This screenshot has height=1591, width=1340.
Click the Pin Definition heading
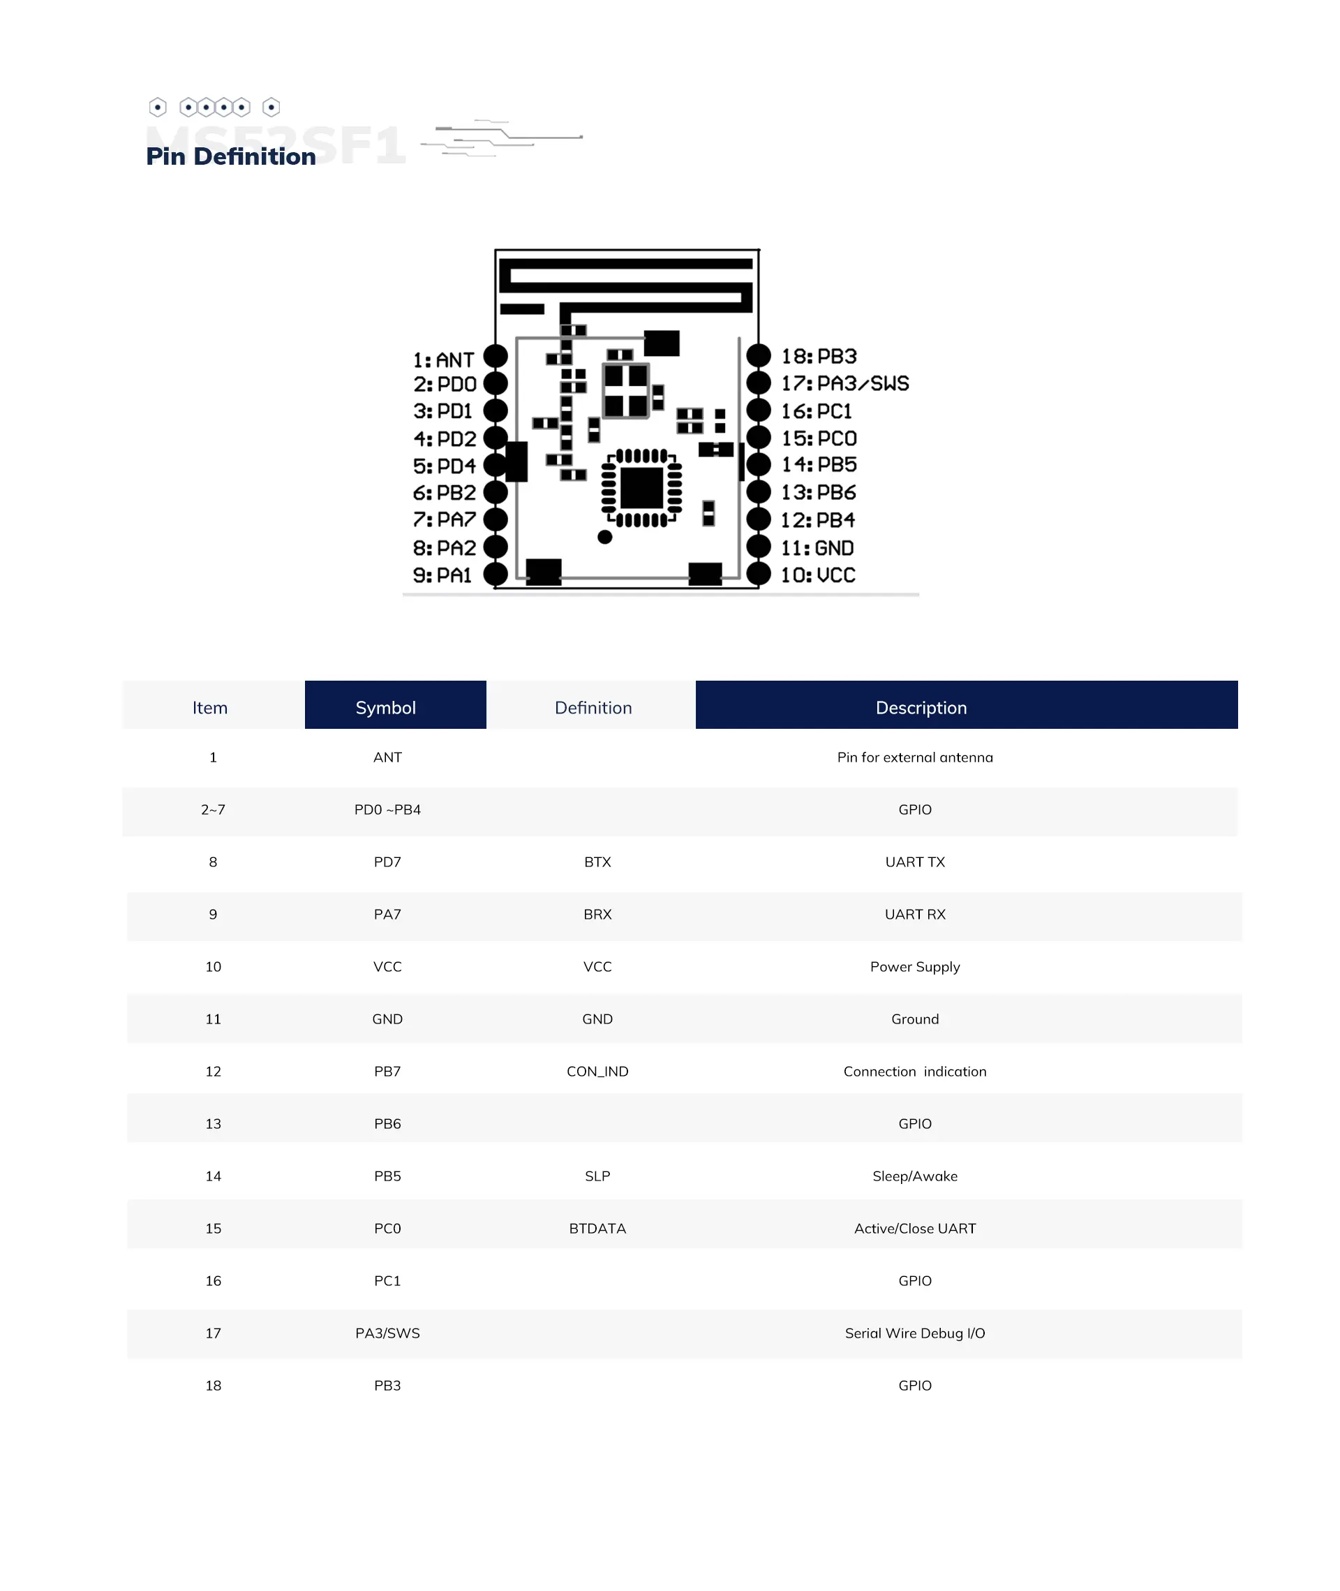coord(231,156)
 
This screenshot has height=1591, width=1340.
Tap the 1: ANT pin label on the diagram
coord(444,360)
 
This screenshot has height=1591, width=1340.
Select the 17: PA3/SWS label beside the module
coord(844,384)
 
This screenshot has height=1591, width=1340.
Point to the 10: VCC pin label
coord(818,575)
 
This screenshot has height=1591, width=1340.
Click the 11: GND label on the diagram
coord(817,548)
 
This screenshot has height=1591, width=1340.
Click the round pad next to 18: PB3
coord(758,355)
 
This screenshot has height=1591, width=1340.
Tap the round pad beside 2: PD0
coord(496,383)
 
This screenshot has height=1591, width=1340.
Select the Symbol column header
coord(386,707)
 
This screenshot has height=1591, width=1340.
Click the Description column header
coord(921,707)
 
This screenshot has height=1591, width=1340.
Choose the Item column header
coord(209,707)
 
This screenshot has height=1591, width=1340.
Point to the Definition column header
coord(593,707)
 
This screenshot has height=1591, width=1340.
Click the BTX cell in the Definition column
coord(597,861)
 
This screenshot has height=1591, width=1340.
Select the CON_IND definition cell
coord(597,1072)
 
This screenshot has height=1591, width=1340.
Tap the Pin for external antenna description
coord(914,757)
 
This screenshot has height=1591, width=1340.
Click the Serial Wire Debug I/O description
coord(914,1333)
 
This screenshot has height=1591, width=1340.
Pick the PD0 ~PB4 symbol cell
coord(387,809)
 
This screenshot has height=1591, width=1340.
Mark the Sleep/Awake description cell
coord(914,1176)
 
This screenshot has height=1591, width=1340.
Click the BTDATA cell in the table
coord(597,1229)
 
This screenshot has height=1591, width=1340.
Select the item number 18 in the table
coord(214,1385)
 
